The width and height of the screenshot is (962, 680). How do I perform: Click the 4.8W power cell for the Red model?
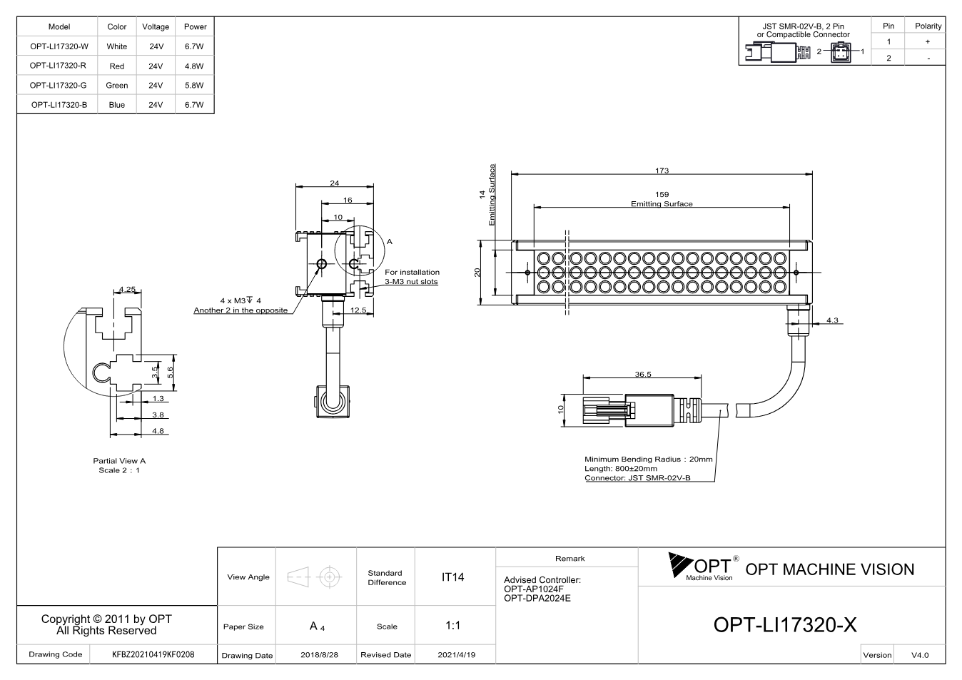coord(194,66)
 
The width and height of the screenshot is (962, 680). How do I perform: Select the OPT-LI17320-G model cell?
coord(58,86)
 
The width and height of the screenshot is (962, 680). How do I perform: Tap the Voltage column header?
coord(156,26)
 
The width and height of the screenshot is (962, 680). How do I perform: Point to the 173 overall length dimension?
coord(662,171)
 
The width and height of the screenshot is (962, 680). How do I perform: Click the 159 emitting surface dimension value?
coord(662,195)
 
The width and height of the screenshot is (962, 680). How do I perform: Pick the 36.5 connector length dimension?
coord(643,375)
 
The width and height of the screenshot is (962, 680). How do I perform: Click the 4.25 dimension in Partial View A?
coord(127,290)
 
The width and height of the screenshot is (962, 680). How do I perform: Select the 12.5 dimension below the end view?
coord(358,310)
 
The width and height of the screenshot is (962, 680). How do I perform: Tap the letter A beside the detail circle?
coord(390,242)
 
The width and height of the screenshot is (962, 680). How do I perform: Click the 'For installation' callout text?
coord(412,272)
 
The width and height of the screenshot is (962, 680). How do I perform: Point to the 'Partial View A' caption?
coord(119,461)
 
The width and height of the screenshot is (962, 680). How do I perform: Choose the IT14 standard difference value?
coord(452,577)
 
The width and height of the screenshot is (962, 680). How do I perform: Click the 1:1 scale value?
coord(452,626)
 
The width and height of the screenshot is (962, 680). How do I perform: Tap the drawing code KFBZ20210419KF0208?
coord(153,655)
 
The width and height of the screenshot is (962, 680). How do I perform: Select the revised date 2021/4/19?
coord(457,655)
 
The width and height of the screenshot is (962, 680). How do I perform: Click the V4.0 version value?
coord(920,655)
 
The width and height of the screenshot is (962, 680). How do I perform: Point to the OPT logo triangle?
coord(679,564)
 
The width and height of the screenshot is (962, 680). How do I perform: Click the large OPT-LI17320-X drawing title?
coord(785,625)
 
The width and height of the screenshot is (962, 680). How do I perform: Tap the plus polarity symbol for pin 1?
coord(928,41)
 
